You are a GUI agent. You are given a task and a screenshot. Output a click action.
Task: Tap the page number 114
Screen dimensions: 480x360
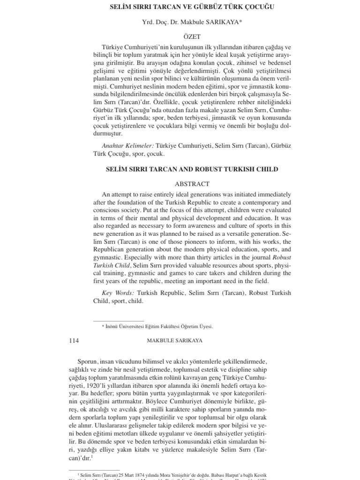(74, 341)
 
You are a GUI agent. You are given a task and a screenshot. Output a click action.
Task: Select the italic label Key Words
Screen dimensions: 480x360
(118, 293)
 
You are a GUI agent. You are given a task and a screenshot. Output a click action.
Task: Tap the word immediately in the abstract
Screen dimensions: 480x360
(268, 194)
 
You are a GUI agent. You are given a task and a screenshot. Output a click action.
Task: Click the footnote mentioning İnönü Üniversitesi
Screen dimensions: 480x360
(157, 327)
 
